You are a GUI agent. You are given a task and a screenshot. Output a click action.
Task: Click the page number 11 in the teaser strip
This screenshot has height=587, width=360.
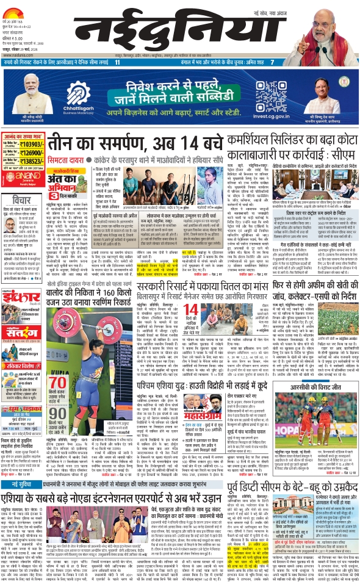pyautogui.click(x=117, y=62)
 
